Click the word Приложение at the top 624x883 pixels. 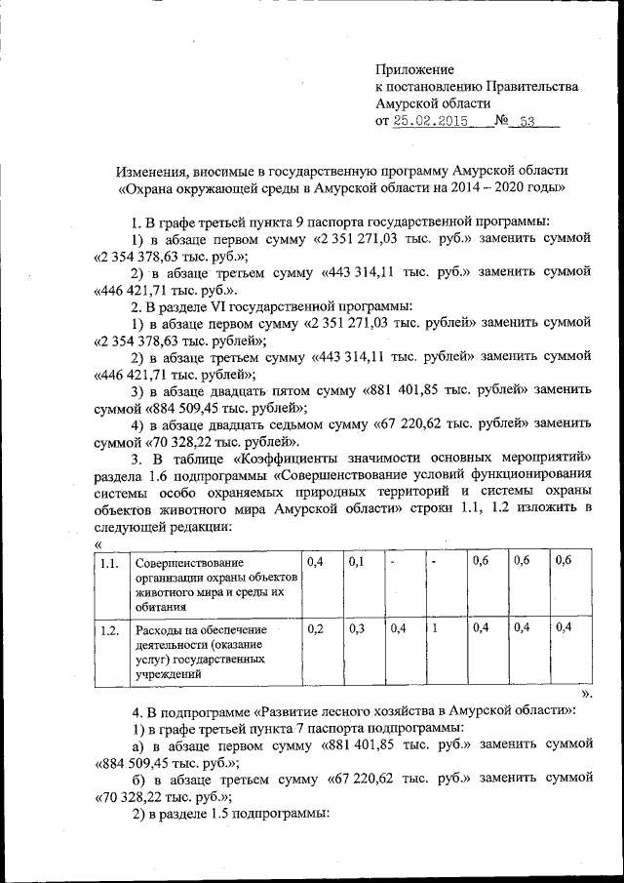tap(415, 69)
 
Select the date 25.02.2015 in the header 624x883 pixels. tap(430, 122)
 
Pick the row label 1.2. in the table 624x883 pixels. tap(110, 631)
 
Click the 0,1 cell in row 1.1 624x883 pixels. tap(357, 563)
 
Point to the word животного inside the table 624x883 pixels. tap(169, 592)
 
